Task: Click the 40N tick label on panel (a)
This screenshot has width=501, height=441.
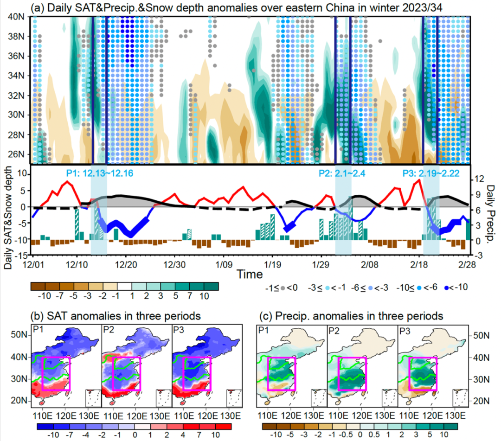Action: (x=17, y=17)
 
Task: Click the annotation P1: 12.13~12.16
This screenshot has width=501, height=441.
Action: (x=100, y=174)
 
